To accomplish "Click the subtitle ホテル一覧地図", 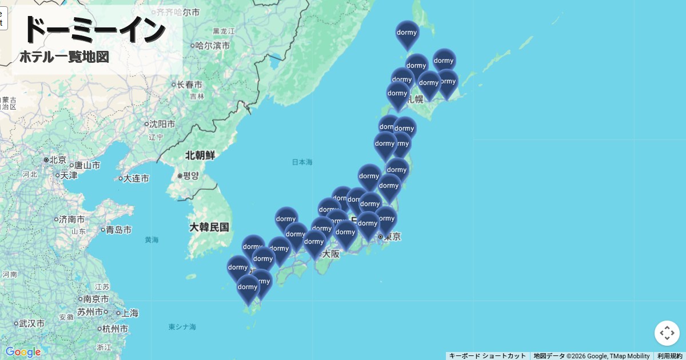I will tap(64, 57).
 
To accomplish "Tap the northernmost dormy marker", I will tap(407, 34).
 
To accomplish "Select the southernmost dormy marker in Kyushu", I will tap(248, 288).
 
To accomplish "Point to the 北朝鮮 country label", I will tap(200, 155).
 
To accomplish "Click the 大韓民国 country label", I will tap(209, 227).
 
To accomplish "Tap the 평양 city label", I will tap(191, 176).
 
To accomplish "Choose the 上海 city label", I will tap(130, 313).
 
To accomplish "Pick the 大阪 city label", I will tap(330, 254).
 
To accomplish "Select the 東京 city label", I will tap(392, 237).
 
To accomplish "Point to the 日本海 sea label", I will tap(302, 162).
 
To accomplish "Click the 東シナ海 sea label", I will tap(182, 327).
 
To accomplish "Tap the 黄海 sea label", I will tap(151, 240).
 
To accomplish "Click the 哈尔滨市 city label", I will tap(213, 45).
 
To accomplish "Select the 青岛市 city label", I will tap(119, 230).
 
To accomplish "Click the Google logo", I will tap(23, 352).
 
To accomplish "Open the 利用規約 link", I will tap(669, 356).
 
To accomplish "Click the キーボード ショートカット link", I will tap(487, 356).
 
